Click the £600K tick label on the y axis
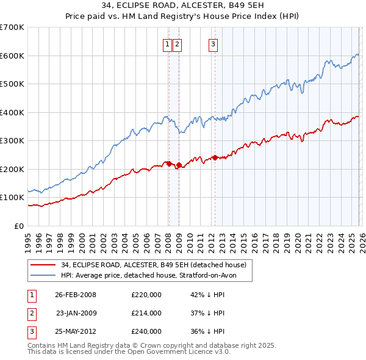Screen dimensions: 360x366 pyautogui.click(x=12, y=56)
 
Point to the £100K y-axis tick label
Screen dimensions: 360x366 pyautogui.click(x=12, y=198)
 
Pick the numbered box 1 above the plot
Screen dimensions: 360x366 pyautogui.click(x=167, y=43)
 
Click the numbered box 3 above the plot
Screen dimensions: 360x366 pyautogui.click(x=213, y=43)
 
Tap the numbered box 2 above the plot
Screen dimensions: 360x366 pyautogui.click(x=177, y=43)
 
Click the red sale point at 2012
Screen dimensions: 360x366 pyautogui.click(x=215, y=157)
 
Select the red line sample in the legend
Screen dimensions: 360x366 pyautogui.click(x=43, y=265)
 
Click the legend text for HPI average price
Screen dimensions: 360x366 pyautogui.click(x=148, y=276)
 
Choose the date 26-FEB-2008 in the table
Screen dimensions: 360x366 pyautogui.click(x=76, y=295)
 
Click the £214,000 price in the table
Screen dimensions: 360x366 pyautogui.click(x=146, y=313)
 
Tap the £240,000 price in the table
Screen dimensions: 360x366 pyautogui.click(x=146, y=331)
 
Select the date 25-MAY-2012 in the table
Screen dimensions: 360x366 pyautogui.click(x=76, y=331)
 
